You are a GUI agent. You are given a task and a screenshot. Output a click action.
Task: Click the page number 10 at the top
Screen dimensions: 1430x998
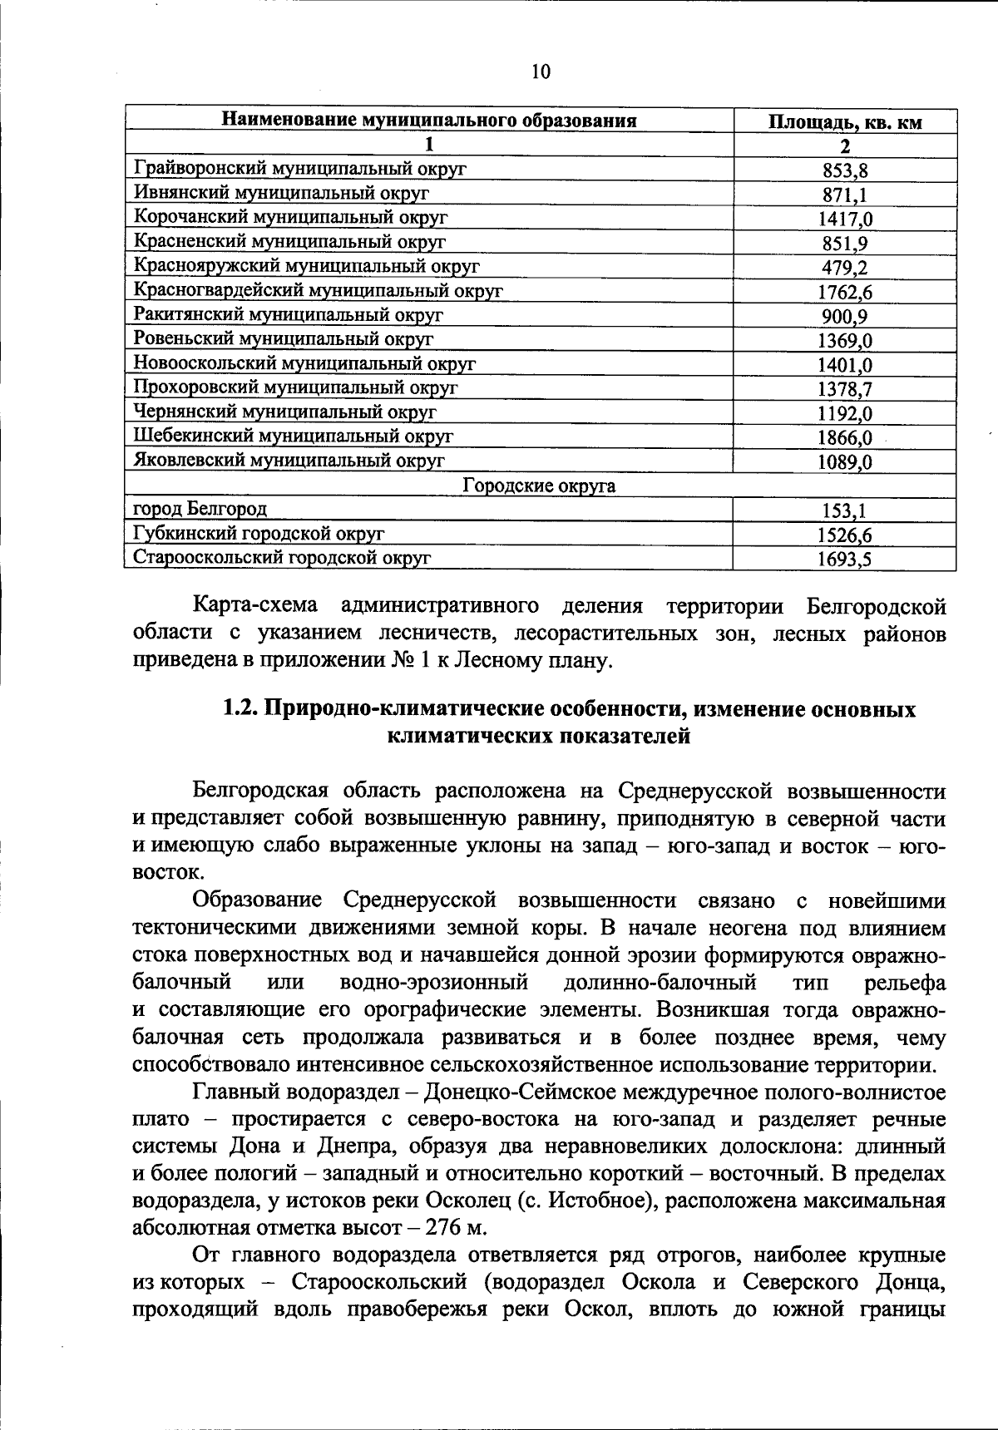tap(541, 72)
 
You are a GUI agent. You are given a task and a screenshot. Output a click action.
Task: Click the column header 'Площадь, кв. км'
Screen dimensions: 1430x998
tap(844, 123)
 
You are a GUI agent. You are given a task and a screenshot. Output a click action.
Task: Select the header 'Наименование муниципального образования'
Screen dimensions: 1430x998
tap(428, 121)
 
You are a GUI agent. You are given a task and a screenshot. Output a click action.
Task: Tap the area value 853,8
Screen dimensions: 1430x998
tap(844, 171)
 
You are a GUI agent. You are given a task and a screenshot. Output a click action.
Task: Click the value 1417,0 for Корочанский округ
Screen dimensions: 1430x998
tap(844, 219)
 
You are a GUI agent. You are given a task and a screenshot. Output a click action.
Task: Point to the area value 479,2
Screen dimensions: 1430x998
tap(844, 268)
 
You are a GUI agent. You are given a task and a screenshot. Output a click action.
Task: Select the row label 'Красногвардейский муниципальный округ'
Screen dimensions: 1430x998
tap(319, 290)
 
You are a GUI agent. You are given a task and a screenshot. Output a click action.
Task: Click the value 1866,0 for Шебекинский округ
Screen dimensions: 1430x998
tap(844, 437)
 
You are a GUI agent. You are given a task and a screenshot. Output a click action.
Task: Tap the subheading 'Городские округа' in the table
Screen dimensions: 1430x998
tap(539, 486)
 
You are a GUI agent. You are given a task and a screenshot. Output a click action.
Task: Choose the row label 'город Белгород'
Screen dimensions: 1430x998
tap(200, 508)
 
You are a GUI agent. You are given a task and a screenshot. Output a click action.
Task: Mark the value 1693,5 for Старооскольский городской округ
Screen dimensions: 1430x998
tap(844, 560)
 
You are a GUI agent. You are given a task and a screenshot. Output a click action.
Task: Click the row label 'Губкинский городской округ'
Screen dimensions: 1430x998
tap(259, 533)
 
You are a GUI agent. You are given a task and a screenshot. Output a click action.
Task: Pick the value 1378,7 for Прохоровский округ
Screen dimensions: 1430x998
tap(844, 389)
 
